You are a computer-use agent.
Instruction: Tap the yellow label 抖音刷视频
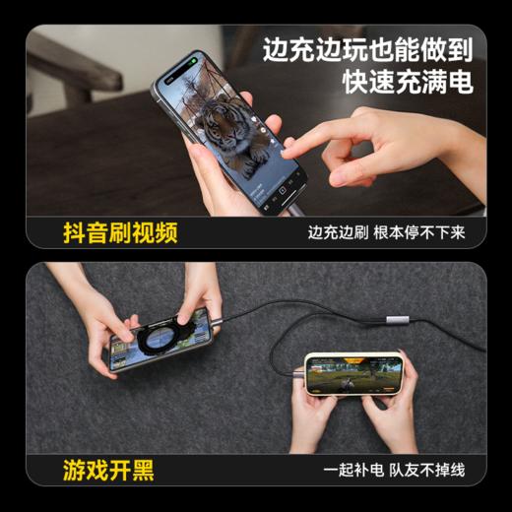click(x=120, y=232)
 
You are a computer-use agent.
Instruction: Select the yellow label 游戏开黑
click(x=108, y=471)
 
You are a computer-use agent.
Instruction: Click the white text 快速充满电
click(x=408, y=82)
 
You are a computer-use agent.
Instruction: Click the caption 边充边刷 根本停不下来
click(x=385, y=233)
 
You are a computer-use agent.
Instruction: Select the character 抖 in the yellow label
click(x=73, y=232)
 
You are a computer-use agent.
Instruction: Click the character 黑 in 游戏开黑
click(x=143, y=471)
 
